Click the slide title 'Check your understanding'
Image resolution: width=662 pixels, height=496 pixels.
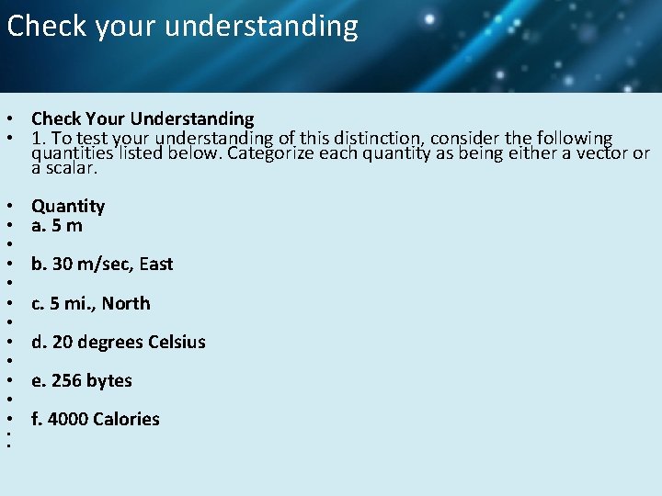point(182,26)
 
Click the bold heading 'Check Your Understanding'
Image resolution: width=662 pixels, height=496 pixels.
point(143,118)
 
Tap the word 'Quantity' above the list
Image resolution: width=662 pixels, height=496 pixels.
point(68,206)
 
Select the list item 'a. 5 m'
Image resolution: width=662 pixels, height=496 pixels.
point(57,225)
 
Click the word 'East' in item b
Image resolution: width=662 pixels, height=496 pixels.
point(156,264)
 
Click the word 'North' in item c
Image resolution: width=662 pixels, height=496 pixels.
point(126,303)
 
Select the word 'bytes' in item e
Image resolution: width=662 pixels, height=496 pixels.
point(109,380)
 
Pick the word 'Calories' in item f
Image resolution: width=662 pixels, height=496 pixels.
point(126,419)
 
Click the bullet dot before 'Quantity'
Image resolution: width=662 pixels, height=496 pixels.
point(7,207)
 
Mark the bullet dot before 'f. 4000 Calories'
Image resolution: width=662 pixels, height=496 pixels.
point(7,420)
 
